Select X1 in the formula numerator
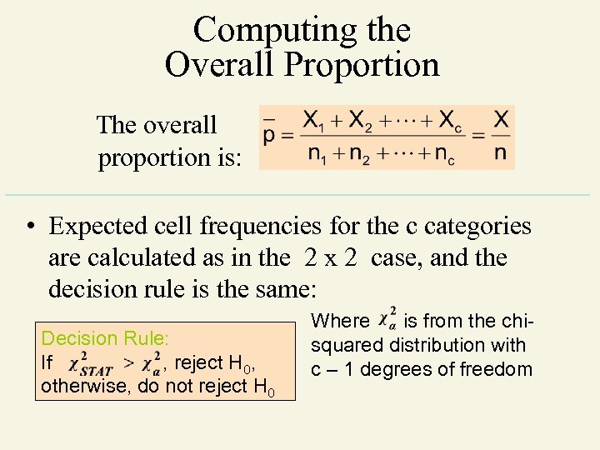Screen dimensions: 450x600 (314, 121)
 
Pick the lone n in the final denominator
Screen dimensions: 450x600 (500, 154)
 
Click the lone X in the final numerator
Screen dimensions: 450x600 (501, 120)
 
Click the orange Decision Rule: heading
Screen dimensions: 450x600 (105, 338)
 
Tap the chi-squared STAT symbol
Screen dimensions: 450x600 (91, 363)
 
